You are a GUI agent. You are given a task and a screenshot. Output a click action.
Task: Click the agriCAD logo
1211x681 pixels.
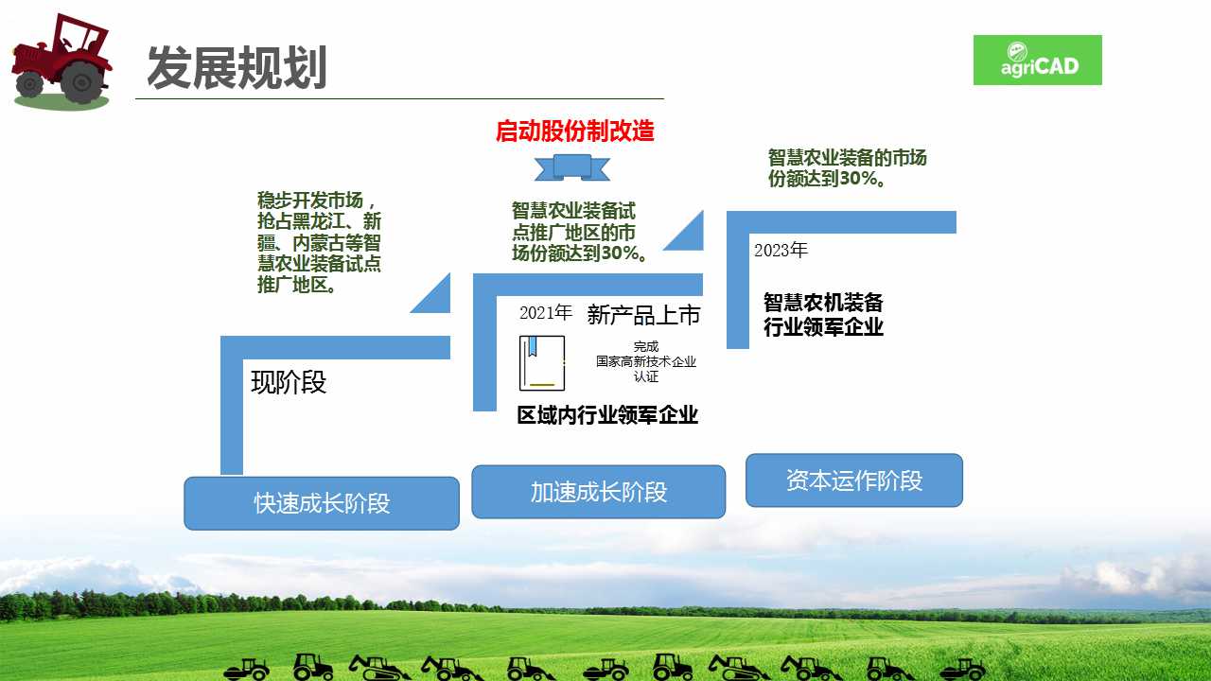[1038, 60]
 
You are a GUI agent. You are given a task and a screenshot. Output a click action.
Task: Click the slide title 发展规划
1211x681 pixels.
[237, 67]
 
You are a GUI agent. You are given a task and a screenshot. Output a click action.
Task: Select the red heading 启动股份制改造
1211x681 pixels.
[575, 131]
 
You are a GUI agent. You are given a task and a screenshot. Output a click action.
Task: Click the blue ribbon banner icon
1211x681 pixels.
[572, 167]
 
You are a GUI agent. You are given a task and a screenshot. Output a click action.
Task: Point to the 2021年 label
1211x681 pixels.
[546, 312]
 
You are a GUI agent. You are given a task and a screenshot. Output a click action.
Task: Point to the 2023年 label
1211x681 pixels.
[781, 250]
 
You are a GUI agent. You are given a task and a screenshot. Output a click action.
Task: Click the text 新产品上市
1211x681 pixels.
[643, 315]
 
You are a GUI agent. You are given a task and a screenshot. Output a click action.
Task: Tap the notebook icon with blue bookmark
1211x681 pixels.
[542, 363]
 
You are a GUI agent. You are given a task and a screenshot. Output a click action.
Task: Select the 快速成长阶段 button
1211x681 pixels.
[322, 503]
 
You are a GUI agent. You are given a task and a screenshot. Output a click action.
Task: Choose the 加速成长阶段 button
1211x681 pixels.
[599, 492]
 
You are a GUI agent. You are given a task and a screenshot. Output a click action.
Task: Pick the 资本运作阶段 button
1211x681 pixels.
[854, 480]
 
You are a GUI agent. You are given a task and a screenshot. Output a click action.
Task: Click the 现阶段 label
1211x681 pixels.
[289, 383]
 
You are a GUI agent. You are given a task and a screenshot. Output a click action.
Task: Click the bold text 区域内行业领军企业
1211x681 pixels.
[607, 415]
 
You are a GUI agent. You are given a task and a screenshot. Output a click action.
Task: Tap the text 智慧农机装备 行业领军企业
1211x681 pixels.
[823, 315]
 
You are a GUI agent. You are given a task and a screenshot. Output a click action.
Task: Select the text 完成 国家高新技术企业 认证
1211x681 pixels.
[646, 361]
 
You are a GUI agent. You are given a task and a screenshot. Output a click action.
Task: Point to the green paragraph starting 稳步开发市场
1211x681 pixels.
[319, 242]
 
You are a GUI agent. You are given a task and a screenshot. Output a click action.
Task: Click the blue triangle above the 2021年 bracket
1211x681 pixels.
[430, 293]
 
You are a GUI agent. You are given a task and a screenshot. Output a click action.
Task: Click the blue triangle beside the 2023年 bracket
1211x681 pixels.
[683, 231]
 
